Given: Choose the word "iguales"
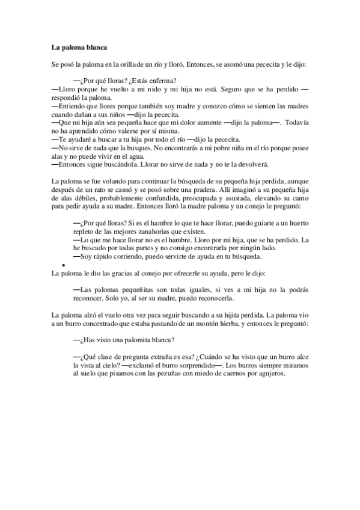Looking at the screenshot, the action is (x=192, y=290).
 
